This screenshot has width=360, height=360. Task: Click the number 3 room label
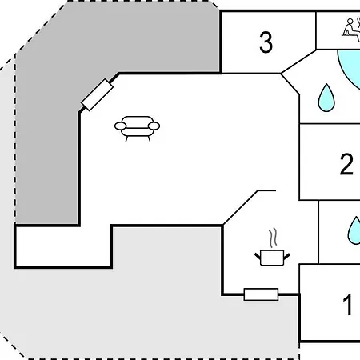[x=266, y=42]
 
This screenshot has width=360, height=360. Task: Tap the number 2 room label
[x=346, y=164]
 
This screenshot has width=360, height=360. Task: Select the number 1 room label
[x=348, y=304]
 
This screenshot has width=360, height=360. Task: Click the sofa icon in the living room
[x=137, y=129]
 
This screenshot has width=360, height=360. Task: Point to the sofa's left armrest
[x=120, y=126]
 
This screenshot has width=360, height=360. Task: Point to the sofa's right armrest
[x=154, y=126]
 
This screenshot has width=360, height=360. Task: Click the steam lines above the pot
[x=273, y=238]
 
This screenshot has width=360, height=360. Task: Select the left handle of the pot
[x=258, y=257]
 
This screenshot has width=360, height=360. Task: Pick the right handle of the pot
[x=286, y=257]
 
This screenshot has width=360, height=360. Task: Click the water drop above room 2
[x=326, y=98]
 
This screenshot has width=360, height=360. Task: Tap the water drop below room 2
[x=354, y=230]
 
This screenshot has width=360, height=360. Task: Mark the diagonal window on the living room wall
[x=98, y=94]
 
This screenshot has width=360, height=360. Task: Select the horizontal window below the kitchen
[x=262, y=294]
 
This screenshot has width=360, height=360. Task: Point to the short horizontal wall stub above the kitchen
[x=266, y=190]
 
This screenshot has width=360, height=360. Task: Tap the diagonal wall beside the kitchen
[x=240, y=208]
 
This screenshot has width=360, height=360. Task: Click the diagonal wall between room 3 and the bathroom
[x=298, y=61]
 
